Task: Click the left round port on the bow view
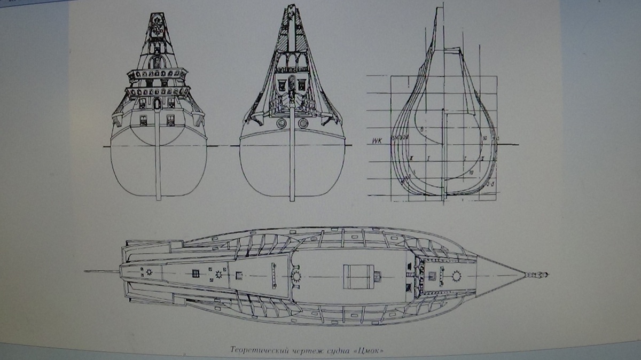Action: tap(282, 123)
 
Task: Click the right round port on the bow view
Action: tap(303, 123)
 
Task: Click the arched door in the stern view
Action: tap(158, 104)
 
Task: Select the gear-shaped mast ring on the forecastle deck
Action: tap(457, 276)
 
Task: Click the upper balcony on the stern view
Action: tap(157, 74)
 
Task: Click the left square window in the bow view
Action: tap(280, 84)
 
